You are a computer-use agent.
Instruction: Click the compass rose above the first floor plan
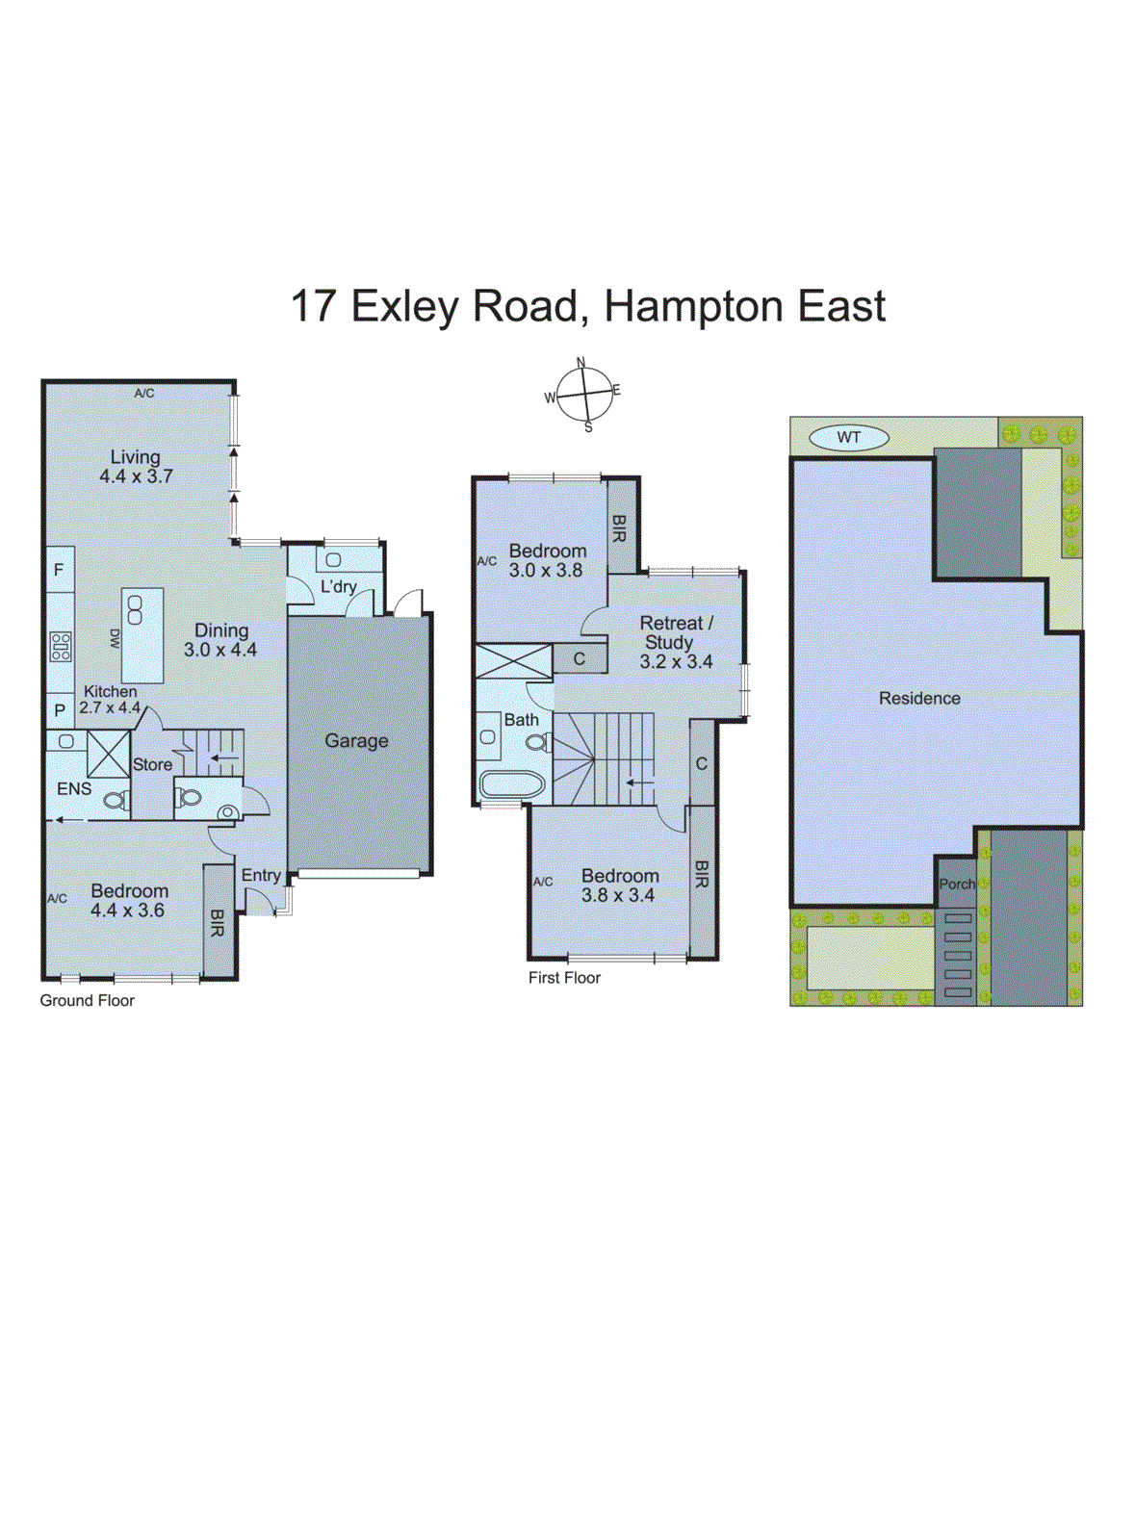pyautogui.click(x=583, y=394)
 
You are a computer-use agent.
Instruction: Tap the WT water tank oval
pyautogui.click(x=848, y=437)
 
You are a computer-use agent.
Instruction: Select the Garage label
pyautogui.click(x=356, y=741)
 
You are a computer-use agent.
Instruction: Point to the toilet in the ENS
pyautogui.click(x=116, y=800)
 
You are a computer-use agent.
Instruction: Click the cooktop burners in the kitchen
pyautogui.click(x=61, y=646)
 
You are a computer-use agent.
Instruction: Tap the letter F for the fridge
pyautogui.click(x=59, y=570)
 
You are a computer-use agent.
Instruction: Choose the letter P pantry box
pyautogui.click(x=60, y=710)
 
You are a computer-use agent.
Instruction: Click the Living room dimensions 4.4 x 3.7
pyautogui.click(x=136, y=476)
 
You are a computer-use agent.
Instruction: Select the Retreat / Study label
pyautogui.click(x=675, y=632)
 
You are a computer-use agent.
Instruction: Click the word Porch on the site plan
pyautogui.click(x=957, y=884)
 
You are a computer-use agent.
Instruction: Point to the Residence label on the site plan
pyautogui.click(x=919, y=699)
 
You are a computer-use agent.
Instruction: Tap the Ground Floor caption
pyautogui.click(x=87, y=1001)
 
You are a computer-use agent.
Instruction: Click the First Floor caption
pyautogui.click(x=564, y=978)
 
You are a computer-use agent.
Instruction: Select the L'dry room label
pyautogui.click(x=338, y=586)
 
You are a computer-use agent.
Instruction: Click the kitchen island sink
pyautogui.click(x=135, y=609)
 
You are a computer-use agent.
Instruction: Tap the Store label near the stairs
pyautogui.click(x=152, y=765)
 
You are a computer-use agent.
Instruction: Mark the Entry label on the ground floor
pyautogui.click(x=261, y=875)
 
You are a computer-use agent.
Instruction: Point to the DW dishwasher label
pyautogui.click(x=115, y=638)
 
